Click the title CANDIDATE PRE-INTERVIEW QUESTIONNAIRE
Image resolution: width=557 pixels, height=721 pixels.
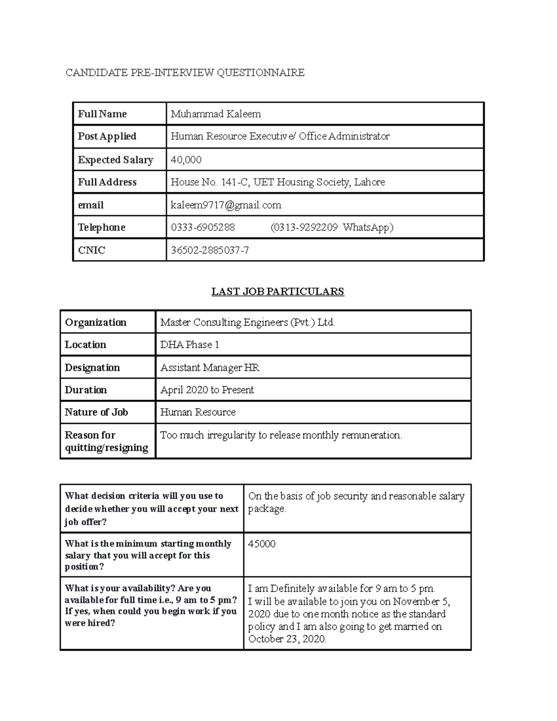(185, 72)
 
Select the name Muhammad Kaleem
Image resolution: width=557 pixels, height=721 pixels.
(215, 114)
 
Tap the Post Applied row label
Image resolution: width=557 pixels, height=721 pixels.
(107, 136)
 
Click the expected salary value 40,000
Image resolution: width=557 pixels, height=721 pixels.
(186, 160)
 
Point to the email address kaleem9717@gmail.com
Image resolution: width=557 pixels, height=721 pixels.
(226, 205)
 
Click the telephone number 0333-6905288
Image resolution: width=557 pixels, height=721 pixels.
(203, 227)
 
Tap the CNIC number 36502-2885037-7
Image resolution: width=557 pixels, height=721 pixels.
(210, 250)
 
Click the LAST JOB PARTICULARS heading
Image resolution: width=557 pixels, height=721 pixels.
(278, 292)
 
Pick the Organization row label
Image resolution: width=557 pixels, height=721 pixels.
(96, 322)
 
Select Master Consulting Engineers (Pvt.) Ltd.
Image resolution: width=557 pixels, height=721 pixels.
(247, 322)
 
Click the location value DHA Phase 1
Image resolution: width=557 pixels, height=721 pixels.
(189, 344)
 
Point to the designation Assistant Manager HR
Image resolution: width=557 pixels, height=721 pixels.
(209, 368)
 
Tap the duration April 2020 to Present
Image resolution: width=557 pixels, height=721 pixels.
(207, 390)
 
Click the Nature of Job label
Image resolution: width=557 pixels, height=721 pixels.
(96, 412)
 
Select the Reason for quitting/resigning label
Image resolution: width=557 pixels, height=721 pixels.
(106, 441)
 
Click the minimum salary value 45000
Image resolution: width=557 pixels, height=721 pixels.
(262, 544)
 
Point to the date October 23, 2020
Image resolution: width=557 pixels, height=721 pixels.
(287, 639)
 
